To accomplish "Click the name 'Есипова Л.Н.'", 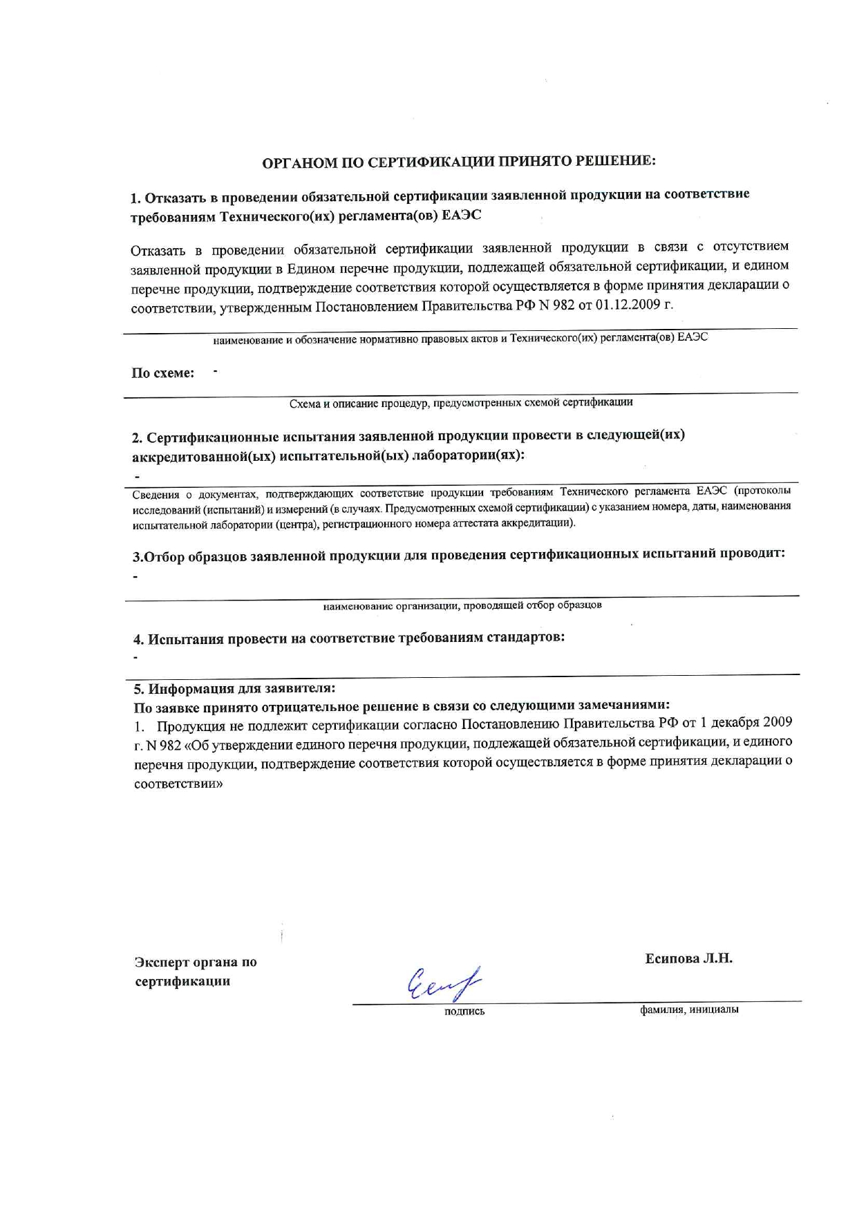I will pyautogui.click(x=688, y=958).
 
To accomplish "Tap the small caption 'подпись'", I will pyautogui.click(x=464, y=1012).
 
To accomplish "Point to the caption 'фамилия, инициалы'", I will pyautogui.click(x=689, y=1010).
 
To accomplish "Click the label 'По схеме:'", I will pyautogui.click(x=163, y=373).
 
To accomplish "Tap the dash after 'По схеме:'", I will pyautogui.click(x=216, y=372).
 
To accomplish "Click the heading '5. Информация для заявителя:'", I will pyautogui.click(x=234, y=688).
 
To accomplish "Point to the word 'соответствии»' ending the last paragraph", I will pyautogui.click(x=178, y=785).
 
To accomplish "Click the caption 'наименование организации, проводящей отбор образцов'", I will pyautogui.click(x=462, y=605).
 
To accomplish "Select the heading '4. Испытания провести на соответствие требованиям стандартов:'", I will pyautogui.click(x=349, y=638).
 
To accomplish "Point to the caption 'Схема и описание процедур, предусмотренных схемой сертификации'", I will pyautogui.click(x=461, y=402).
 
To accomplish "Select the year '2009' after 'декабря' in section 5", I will pyautogui.click(x=778, y=722).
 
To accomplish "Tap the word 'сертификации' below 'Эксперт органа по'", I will pyautogui.click(x=182, y=981).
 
